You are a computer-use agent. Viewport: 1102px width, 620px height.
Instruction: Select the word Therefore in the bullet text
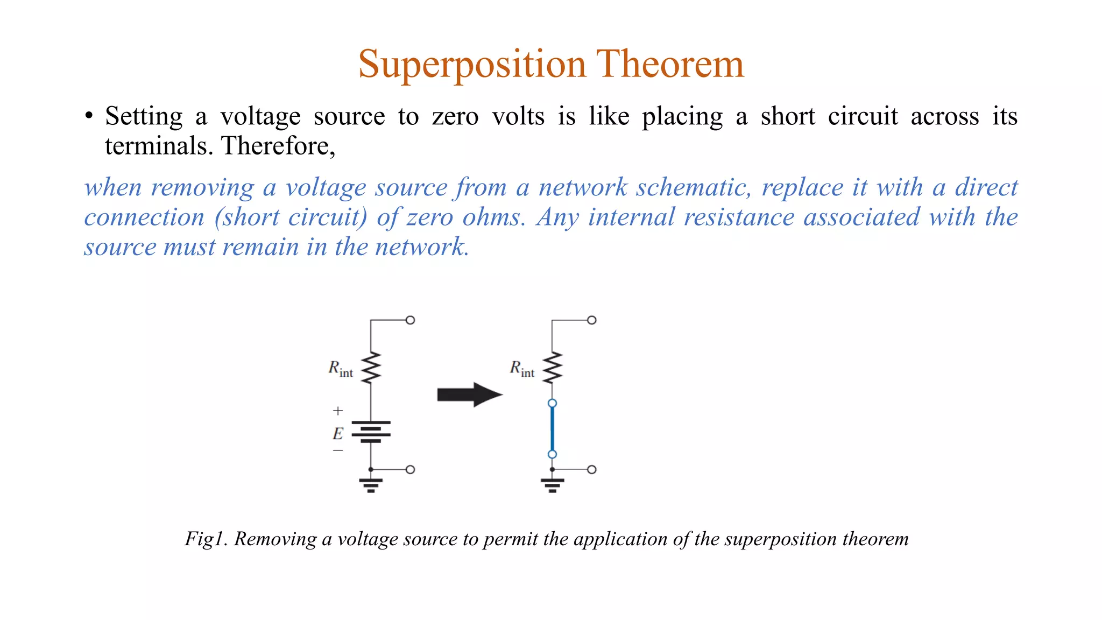pos(277,146)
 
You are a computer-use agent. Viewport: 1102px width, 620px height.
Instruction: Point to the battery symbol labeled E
pos(371,432)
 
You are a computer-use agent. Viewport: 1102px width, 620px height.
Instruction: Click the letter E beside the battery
pos(338,433)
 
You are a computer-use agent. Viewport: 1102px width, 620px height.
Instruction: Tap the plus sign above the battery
pos(338,411)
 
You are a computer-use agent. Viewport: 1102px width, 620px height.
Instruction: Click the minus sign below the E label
pos(338,450)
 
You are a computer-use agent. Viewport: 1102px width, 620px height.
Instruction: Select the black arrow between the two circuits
pos(469,394)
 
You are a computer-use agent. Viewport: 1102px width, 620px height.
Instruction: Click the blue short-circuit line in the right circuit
pos(552,429)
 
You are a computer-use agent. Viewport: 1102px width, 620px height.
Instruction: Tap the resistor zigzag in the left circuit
pos(371,368)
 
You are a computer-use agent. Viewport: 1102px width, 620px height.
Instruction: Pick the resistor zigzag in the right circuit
pos(552,368)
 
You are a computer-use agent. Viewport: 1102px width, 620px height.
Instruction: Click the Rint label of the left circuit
pos(341,369)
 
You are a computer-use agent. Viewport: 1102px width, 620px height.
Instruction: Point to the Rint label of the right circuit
pos(522,369)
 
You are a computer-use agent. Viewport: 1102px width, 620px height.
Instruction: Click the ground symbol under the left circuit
pos(371,484)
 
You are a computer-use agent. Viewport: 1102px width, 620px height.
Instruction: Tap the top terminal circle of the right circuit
pos(592,320)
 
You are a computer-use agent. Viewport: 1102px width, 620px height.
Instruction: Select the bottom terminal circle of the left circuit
pos(410,469)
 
